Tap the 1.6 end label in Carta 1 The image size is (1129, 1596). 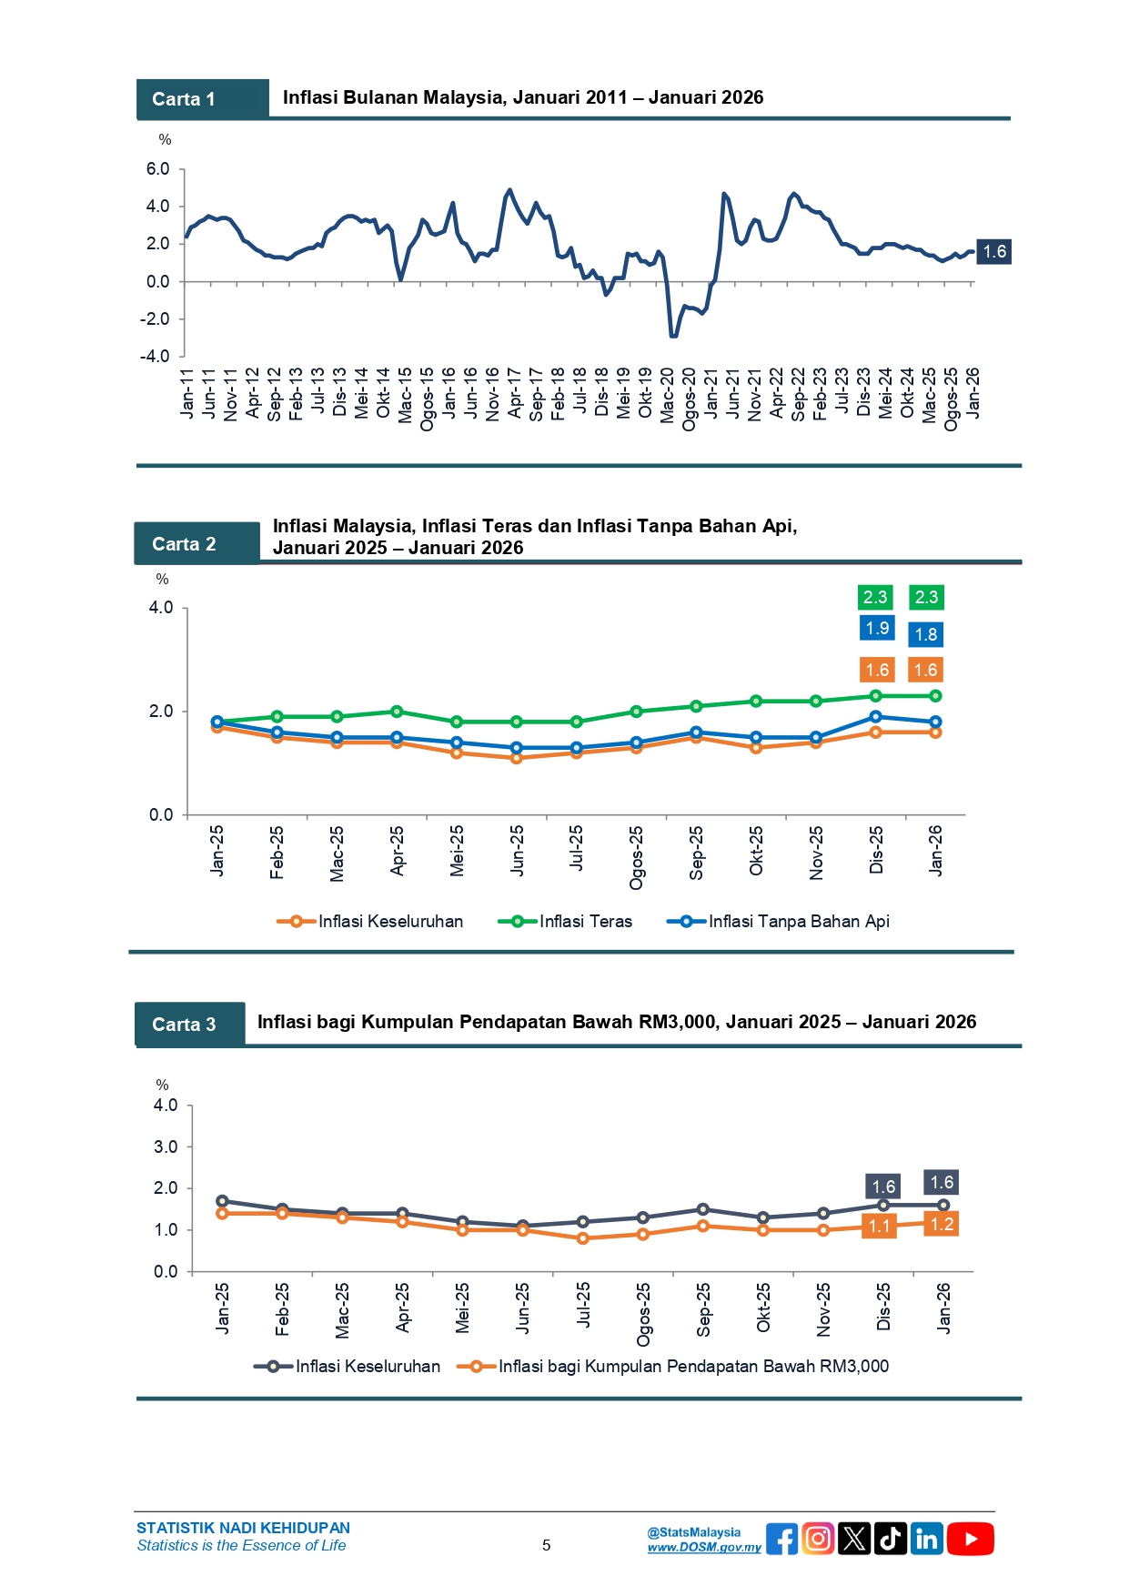[x=994, y=252]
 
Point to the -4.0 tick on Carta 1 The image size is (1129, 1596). [x=155, y=356]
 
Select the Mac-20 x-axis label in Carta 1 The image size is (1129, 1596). [x=668, y=395]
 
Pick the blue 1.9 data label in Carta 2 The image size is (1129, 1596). [x=877, y=628]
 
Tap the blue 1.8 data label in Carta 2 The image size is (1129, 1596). [x=926, y=634]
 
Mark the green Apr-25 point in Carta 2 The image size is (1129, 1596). [x=397, y=712]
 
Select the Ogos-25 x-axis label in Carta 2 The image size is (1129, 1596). [x=636, y=857]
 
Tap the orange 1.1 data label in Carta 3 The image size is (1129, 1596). [x=880, y=1227]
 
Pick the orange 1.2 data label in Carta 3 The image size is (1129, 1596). [x=942, y=1225]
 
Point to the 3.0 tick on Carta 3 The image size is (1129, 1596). [x=166, y=1146]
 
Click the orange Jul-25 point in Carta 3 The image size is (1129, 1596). [x=583, y=1238]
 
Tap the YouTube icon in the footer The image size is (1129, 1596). [x=971, y=1539]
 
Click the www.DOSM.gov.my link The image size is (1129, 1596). [x=704, y=1547]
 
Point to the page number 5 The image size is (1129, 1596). [x=546, y=1545]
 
